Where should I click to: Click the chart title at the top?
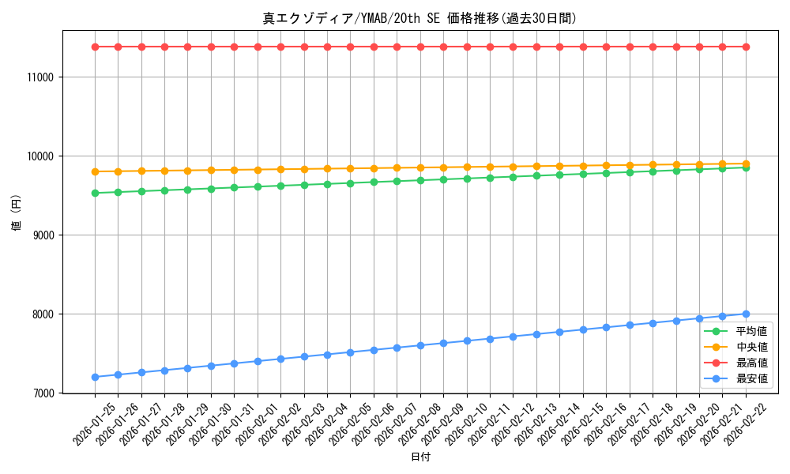point(419,17)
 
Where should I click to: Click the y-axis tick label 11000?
point(39,77)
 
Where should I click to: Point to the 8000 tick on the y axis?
point(41,314)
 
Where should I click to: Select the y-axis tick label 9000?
point(41,235)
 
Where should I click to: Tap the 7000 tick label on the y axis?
point(41,393)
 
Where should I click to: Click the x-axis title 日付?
point(420,457)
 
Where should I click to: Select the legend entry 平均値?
point(751,332)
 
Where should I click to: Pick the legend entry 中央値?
point(751,348)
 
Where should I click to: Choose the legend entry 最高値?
point(751,363)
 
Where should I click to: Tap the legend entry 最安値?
point(751,379)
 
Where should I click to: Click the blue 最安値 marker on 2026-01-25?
point(95,377)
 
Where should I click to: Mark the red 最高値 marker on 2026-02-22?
point(746,47)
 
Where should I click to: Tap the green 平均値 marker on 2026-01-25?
point(95,193)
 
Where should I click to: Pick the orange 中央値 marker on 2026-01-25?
point(95,171)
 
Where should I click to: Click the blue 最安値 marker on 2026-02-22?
point(746,314)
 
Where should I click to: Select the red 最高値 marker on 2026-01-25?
point(95,47)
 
